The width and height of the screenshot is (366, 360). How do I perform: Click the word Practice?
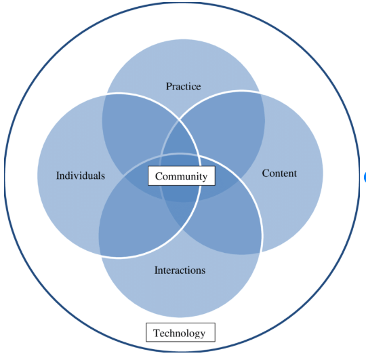[183, 86]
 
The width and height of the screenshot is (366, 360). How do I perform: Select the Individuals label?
[81, 176]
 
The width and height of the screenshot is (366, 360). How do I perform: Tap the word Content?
[279, 174]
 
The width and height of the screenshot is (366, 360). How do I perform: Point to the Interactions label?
[180, 271]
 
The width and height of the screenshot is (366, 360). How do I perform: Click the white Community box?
[182, 176]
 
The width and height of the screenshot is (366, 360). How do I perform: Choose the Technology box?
[181, 332]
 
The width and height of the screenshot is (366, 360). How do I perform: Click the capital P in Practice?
[169, 86]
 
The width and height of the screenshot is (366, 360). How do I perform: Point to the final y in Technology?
[203, 334]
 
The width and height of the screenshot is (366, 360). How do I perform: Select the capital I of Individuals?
[58, 176]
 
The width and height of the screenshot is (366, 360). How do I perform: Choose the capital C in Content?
[266, 174]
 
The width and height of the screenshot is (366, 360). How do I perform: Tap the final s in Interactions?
[203, 271]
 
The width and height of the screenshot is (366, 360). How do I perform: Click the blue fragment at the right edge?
[365, 177]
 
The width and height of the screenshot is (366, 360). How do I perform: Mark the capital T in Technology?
[157, 332]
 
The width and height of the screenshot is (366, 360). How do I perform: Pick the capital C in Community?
[159, 176]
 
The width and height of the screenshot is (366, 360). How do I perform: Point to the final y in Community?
[205, 178]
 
